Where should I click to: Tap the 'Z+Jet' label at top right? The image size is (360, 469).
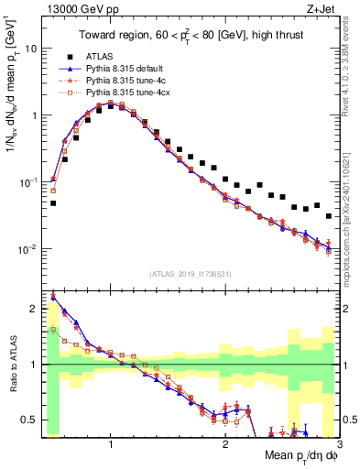(x=323, y=10)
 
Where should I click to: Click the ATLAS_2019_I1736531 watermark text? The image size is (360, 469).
(x=190, y=273)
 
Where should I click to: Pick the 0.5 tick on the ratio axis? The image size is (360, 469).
(x=29, y=420)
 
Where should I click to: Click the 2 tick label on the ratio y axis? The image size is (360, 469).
(x=34, y=309)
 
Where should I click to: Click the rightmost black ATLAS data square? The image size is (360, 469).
(x=329, y=216)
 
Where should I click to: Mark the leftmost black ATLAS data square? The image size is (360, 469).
(x=53, y=203)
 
